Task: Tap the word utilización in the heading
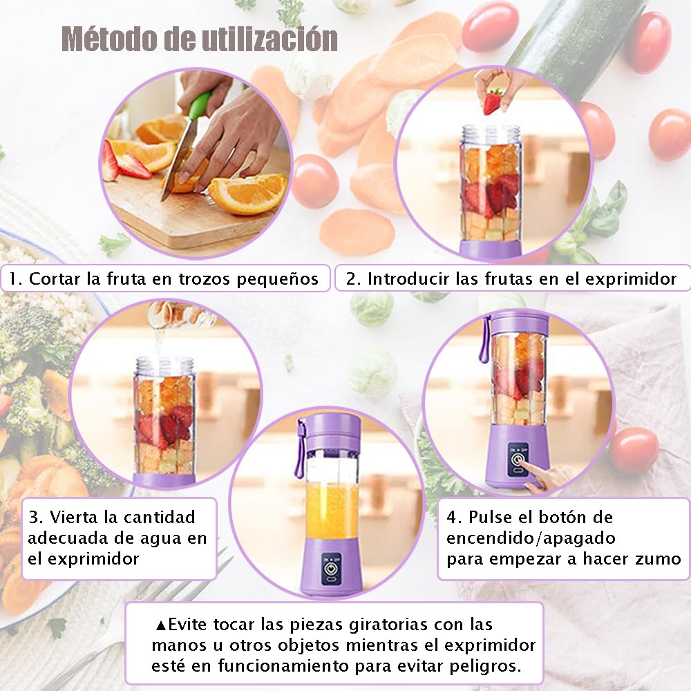pos(269,39)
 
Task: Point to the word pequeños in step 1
pos(277,279)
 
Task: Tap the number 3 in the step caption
pos(33,517)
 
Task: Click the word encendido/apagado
pos(531,538)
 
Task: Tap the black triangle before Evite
pos(161,625)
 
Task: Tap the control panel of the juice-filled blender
pos(331,569)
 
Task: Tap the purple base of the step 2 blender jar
pos(491,249)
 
